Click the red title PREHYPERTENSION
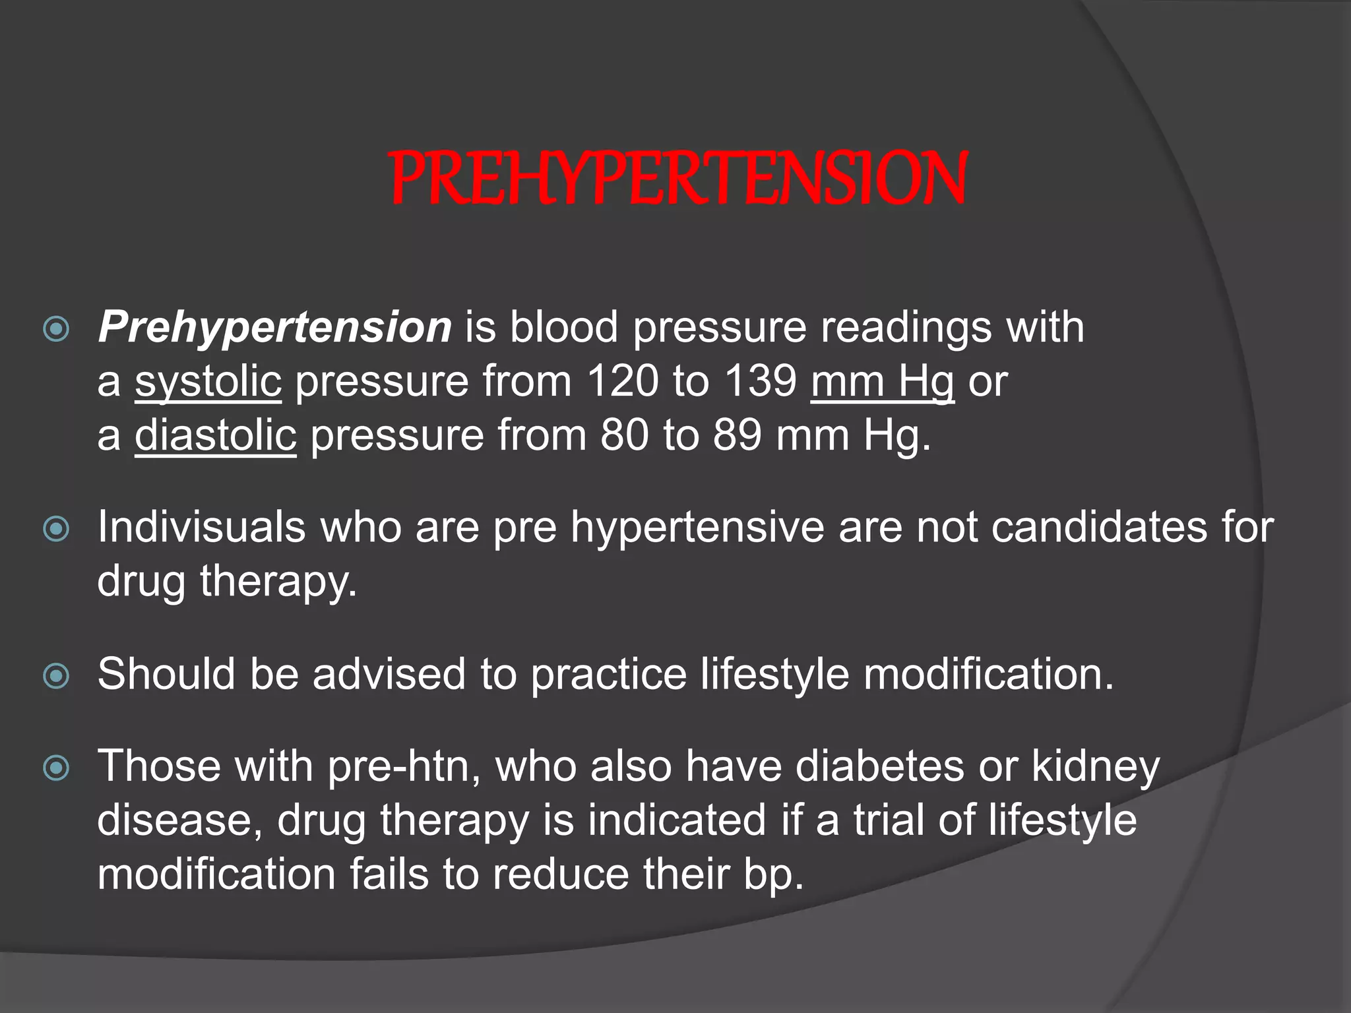(678, 178)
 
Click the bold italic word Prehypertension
(274, 327)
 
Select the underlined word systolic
(208, 381)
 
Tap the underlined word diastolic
(216, 435)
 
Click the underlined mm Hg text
(882, 381)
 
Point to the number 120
(622, 381)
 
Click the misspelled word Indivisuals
(201, 527)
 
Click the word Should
(166, 674)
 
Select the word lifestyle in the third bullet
(774, 674)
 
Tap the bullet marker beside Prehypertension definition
(56, 328)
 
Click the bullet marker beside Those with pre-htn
(56, 767)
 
